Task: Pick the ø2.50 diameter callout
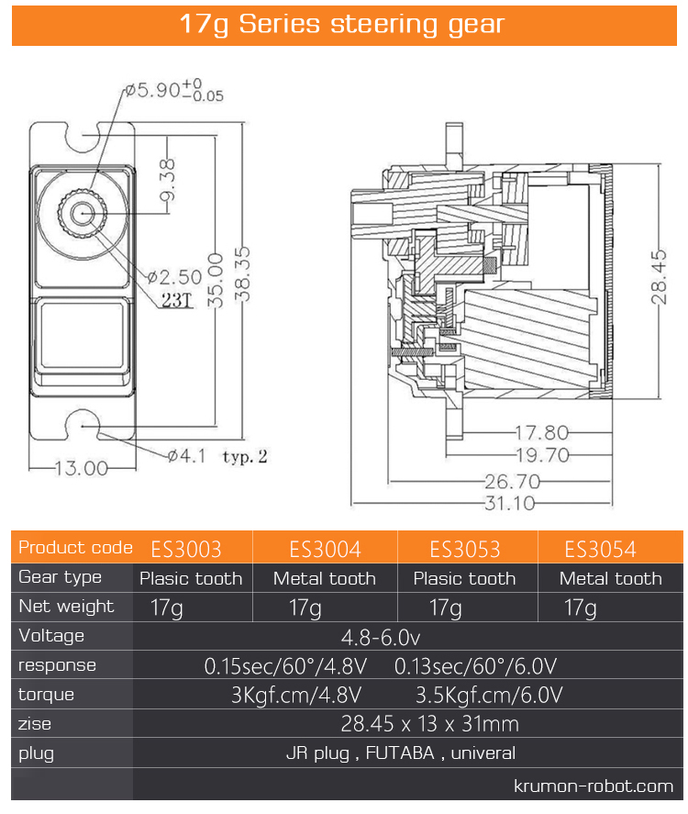pos(174,276)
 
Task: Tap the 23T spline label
pos(175,301)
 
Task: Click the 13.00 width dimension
pos(82,468)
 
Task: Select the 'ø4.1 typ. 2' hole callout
pos(217,455)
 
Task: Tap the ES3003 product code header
pos(186,549)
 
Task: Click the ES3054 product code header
pos(601,549)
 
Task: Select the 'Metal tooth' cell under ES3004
pos(325,578)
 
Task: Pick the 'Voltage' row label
pos(51,636)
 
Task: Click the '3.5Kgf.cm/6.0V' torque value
pos(489,695)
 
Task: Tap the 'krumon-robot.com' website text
pos(593,786)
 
